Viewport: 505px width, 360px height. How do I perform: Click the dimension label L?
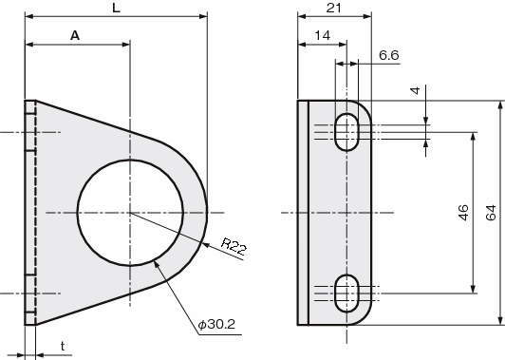point(116,8)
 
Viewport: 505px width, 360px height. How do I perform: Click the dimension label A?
point(75,35)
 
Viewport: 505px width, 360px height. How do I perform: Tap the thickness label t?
point(63,346)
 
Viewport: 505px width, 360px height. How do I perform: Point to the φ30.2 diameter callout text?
point(216,324)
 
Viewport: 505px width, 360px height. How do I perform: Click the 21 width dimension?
point(334,8)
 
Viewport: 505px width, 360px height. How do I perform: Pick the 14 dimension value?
point(323,35)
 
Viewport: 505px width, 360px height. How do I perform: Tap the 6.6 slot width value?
point(389,55)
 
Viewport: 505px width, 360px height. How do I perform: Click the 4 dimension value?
point(416,90)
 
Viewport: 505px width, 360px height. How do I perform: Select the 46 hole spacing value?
point(463,213)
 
